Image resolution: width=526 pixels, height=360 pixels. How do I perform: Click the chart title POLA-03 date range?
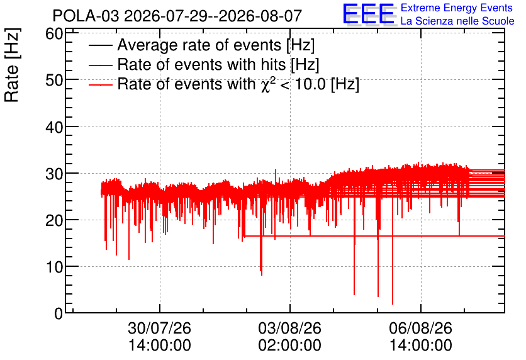click(177, 16)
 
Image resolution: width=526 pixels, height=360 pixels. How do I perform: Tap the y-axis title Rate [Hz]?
click(12, 65)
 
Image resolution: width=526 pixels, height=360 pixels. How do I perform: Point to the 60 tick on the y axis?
click(54, 33)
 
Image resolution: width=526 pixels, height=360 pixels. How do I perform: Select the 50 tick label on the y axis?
click(54, 80)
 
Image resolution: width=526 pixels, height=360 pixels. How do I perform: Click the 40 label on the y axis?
click(54, 127)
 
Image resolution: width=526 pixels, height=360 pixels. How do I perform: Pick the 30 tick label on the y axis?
click(54, 174)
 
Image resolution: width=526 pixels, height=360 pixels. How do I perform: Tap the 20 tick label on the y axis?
click(54, 220)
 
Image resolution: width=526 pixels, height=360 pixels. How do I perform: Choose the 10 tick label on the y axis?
click(54, 267)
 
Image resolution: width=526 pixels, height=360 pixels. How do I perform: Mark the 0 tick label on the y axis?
click(59, 313)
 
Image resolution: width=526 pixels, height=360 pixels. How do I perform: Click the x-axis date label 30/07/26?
click(159, 328)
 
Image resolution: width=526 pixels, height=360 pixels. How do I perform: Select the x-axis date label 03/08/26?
click(289, 328)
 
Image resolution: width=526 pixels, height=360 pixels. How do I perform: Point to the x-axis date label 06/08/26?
click(421, 328)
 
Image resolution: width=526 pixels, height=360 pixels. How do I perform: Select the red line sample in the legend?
click(100, 84)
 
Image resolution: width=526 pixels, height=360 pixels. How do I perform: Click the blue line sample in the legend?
click(100, 65)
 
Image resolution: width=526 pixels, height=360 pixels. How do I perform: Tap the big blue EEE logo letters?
click(369, 14)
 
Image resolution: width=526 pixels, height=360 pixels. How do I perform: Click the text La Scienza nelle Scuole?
click(457, 21)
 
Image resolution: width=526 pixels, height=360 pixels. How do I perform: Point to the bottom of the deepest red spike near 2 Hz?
click(393, 304)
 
